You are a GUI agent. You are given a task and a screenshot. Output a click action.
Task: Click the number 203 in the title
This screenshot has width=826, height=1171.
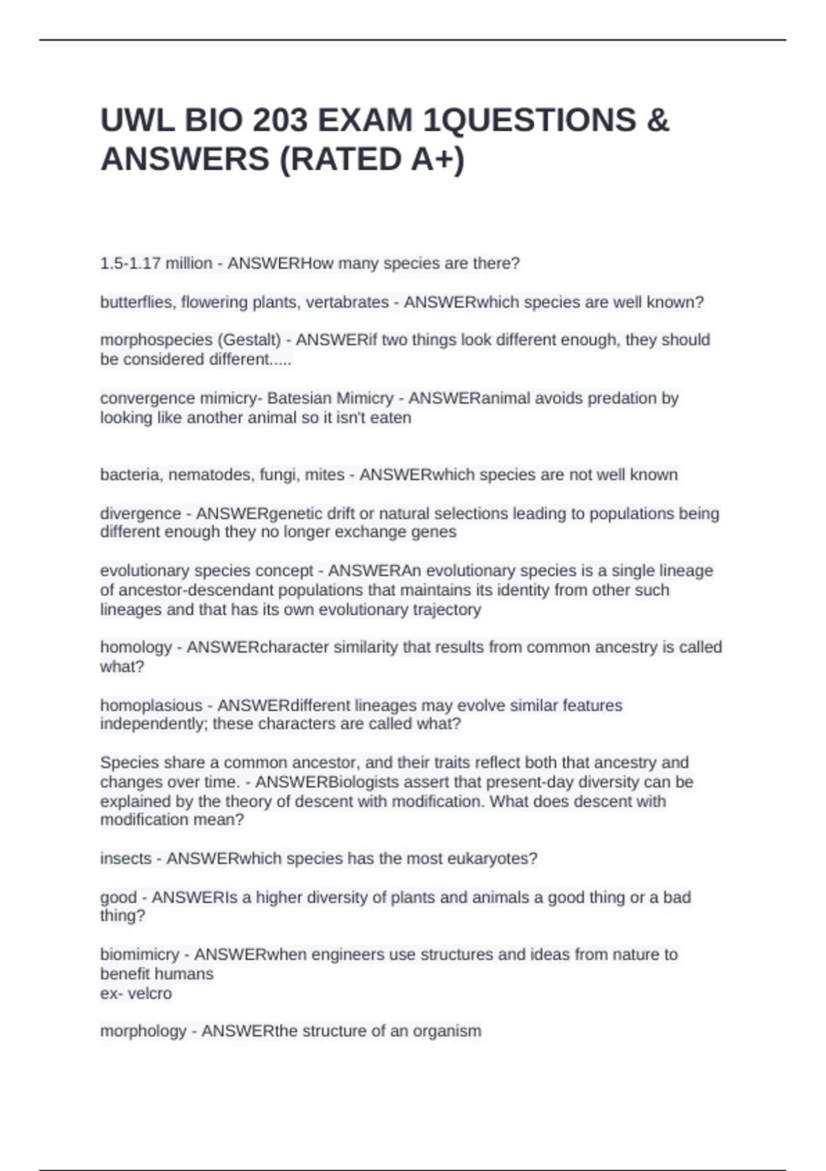(279, 121)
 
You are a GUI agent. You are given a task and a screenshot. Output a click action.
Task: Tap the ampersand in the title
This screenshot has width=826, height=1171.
(658, 121)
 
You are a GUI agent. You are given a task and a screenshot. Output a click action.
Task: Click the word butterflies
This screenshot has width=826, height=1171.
(136, 302)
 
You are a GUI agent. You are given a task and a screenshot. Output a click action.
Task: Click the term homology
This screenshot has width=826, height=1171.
(136, 647)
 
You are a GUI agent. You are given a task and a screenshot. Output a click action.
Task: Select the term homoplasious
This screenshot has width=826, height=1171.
(151, 705)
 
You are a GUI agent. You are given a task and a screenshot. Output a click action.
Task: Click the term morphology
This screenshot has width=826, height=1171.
(143, 1031)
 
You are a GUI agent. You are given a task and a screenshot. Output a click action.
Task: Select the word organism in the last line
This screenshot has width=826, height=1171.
(447, 1031)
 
